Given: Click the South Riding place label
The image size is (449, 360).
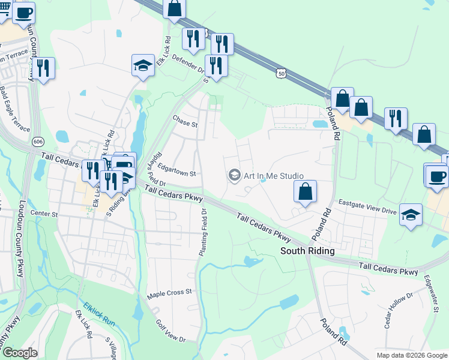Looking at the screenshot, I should point(307,250).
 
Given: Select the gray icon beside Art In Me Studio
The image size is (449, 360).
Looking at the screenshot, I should point(234,175).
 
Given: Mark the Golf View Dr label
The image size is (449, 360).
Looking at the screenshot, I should point(171,331).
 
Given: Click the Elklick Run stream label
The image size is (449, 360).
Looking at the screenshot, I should point(99,313).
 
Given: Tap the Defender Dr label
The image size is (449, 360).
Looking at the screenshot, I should point(188,64).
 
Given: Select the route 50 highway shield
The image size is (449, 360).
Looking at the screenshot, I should point(282,73).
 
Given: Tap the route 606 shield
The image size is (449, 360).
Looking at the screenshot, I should point(38,140).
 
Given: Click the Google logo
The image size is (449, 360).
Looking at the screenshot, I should point(20,353).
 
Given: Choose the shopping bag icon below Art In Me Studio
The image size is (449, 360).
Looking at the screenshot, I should point(305,192).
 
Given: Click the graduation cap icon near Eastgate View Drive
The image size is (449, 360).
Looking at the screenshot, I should point(411,215).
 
